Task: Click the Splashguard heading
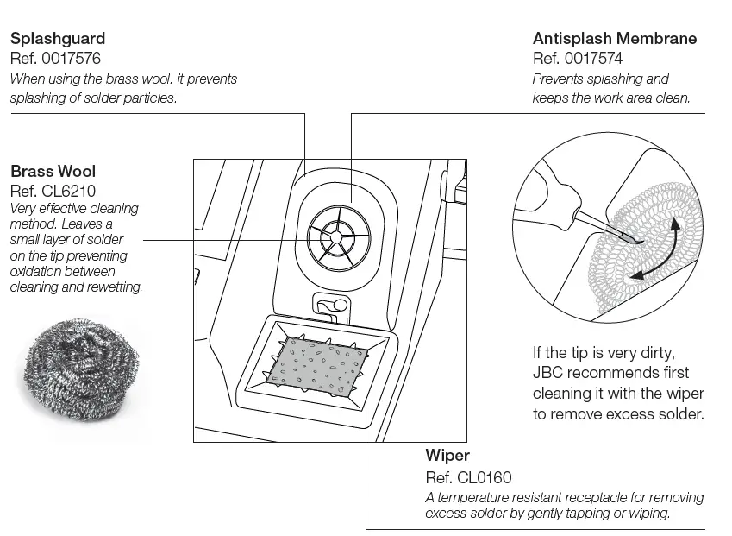pos(57,39)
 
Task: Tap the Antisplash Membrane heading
pos(614,39)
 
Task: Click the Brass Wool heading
pos(53,171)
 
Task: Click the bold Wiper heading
pos(447,455)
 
